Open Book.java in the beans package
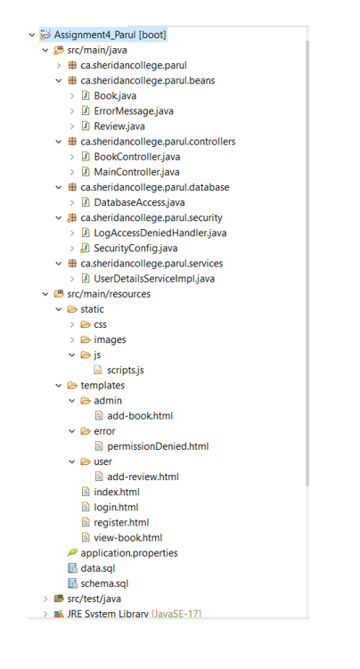coord(115,95)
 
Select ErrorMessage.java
coord(134,111)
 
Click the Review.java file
coord(119,126)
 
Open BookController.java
coord(137,157)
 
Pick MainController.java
coord(136,172)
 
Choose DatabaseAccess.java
coord(140,202)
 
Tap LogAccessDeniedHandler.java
coord(160,233)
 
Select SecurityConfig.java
coord(135,249)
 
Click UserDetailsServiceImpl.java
coord(154,279)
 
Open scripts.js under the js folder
coord(126,371)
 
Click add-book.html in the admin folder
coord(140,416)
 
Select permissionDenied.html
coord(158,446)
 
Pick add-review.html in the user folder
coord(143,477)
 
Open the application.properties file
coord(129,553)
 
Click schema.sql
coord(104,583)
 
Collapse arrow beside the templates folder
coord(59,386)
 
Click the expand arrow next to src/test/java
coord(45,599)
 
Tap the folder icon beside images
coord(86,339)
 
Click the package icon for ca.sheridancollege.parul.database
coord(72,187)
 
